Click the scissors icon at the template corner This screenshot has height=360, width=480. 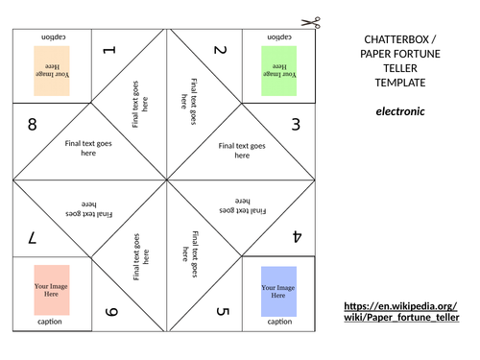coord(311,22)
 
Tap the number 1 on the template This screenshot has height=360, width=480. coord(109,50)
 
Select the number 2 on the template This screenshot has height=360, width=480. coord(221,50)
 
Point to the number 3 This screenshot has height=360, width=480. coord(296,124)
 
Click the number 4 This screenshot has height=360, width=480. coord(298,236)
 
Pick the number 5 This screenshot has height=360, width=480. coord(223,311)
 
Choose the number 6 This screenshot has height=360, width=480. coord(111,312)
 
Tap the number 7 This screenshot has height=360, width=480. coord(33,238)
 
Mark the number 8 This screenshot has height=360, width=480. coord(33,124)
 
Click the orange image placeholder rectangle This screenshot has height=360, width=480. coord(52,71)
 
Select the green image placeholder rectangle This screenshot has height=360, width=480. coord(279,71)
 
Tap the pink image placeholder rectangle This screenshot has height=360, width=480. coord(52,290)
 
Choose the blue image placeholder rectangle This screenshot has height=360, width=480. coord(278,291)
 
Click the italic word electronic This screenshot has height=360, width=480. coord(400,111)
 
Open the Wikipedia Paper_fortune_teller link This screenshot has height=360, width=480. coord(401,311)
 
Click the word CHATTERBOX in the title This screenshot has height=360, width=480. coord(396,39)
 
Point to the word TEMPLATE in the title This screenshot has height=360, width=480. coord(400,83)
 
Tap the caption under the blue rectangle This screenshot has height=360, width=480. coord(279,322)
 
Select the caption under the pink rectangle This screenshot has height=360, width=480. coord(50,322)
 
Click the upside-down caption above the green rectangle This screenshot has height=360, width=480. coord(279,37)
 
